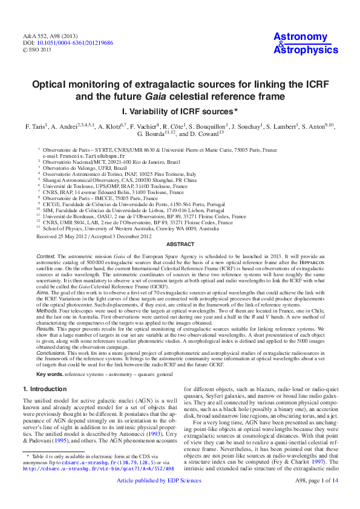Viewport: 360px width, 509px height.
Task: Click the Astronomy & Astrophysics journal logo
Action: click(x=306, y=44)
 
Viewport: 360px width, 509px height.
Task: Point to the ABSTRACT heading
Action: click(x=180, y=244)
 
